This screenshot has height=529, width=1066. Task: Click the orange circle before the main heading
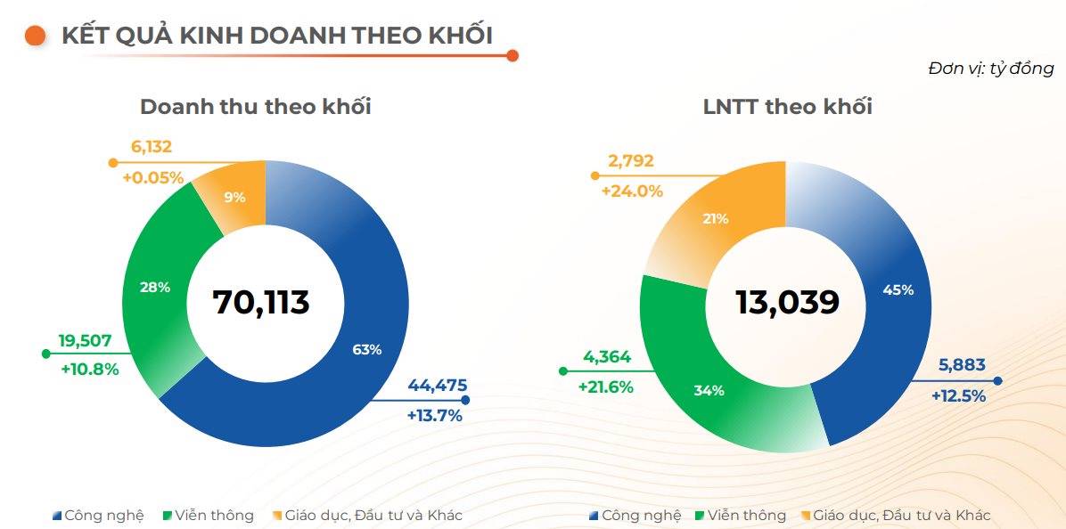point(36,36)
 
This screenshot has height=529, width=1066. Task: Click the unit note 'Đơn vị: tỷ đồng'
point(990,69)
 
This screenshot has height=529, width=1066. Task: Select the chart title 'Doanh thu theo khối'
point(256,107)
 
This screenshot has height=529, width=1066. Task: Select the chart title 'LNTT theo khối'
point(787,107)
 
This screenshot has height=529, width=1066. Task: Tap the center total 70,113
point(261,303)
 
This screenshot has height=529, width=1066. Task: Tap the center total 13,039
point(787,303)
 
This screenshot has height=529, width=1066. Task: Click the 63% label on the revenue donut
point(367,350)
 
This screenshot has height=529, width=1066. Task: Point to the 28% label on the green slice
point(155,287)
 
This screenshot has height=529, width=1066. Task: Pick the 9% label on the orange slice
point(234,198)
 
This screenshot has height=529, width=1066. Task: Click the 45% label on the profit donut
point(897,289)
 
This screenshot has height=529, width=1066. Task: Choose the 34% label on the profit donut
point(709,390)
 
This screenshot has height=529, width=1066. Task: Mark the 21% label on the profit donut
point(716,218)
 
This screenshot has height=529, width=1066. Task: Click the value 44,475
point(437,386)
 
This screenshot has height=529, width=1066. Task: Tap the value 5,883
point(962,365)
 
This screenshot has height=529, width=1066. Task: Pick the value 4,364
point(606,357)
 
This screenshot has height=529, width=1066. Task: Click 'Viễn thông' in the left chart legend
point(214,516)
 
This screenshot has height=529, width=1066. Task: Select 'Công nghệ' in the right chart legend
point(641,516)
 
